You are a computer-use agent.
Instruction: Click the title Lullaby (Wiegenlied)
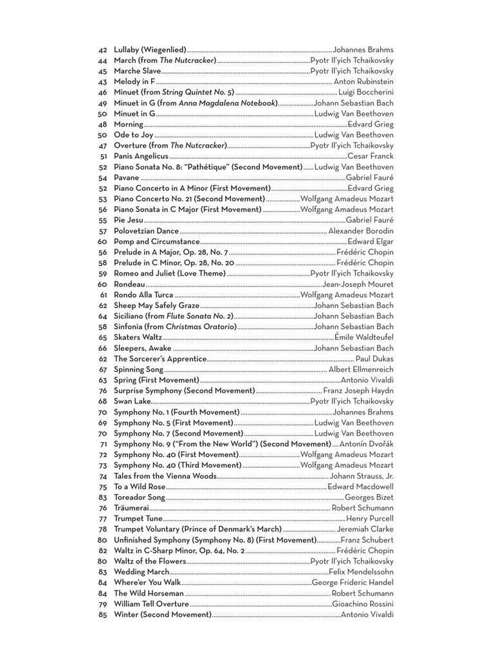(150, 49)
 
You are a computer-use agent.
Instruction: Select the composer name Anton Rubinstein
(363, 82)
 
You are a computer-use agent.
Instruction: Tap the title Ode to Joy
(134, 135)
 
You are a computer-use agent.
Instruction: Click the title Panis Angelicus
(141, 156)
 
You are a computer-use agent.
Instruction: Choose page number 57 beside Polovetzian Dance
(102, 231)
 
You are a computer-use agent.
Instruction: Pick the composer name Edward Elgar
(370, 242)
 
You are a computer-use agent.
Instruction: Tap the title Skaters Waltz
(138, 337)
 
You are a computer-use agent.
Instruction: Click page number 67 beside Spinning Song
(102, 369)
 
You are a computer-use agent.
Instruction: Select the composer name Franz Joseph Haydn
(358, 391)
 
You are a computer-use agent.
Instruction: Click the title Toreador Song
(140, 497)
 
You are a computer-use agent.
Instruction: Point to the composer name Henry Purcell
(370, 519)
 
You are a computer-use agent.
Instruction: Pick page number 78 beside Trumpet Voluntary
(102, 529)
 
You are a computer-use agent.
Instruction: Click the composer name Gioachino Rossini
(363, 604)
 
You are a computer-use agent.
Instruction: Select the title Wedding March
(142, 572)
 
